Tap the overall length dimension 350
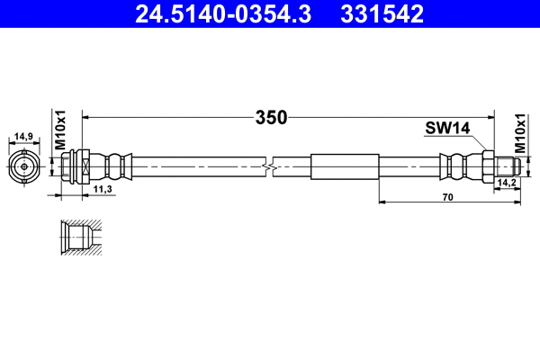270,117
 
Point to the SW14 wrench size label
448,130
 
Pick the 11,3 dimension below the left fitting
103,189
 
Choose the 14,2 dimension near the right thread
506,183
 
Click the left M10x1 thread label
61,131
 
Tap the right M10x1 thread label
520,131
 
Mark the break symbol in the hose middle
270,166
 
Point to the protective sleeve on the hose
345,166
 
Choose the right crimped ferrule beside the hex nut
456,166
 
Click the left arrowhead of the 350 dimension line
86,116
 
